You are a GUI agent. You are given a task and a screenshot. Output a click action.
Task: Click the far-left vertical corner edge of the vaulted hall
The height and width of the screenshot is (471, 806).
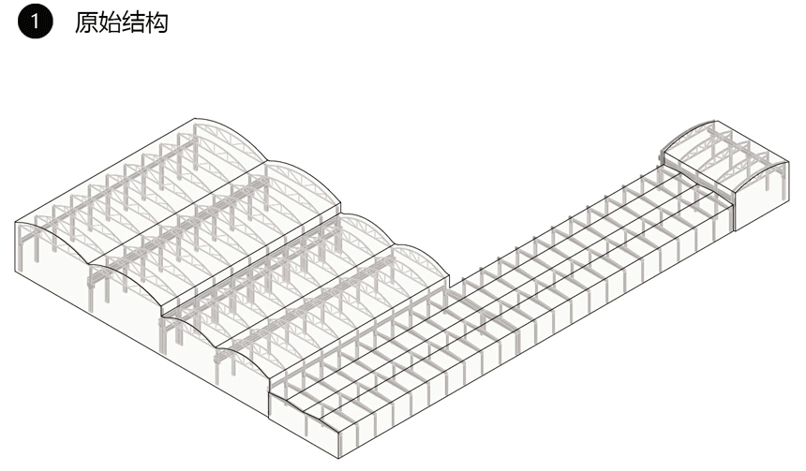[17, 249]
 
